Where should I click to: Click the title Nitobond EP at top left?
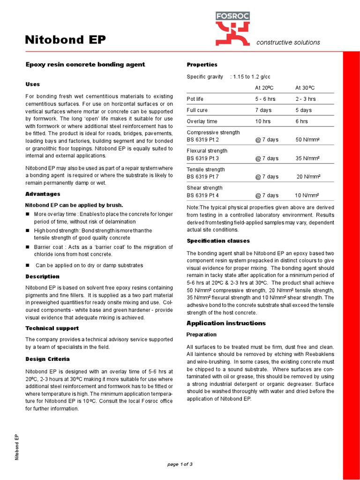[65, 41]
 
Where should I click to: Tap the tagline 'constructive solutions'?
[288, 43]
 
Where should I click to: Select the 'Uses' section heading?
[32, 84]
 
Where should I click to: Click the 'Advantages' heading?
[42, 194]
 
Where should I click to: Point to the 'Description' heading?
[42, 277]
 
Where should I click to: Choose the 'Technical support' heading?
[52, 328]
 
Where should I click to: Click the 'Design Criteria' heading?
[47, 359]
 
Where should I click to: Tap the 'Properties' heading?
[202, 65]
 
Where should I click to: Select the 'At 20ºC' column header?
[265, 88]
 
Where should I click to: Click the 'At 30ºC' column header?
[305, 88]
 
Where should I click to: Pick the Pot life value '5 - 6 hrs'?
[266, 99]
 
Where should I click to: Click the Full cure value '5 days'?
[303, 110]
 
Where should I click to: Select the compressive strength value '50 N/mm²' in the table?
[307, 140]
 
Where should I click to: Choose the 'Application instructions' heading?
[226, 323]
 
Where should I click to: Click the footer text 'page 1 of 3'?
[180, 464]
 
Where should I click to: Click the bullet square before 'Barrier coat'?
[28, 247]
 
